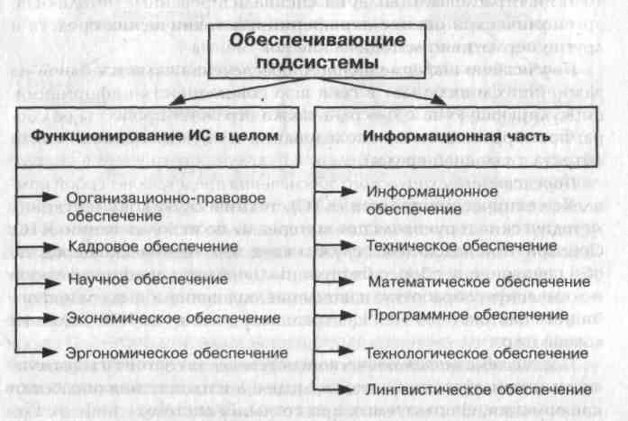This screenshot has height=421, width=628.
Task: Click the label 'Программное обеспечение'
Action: [x=454, y=315]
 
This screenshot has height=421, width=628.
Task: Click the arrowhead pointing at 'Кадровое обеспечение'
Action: [x=53, y=245]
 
